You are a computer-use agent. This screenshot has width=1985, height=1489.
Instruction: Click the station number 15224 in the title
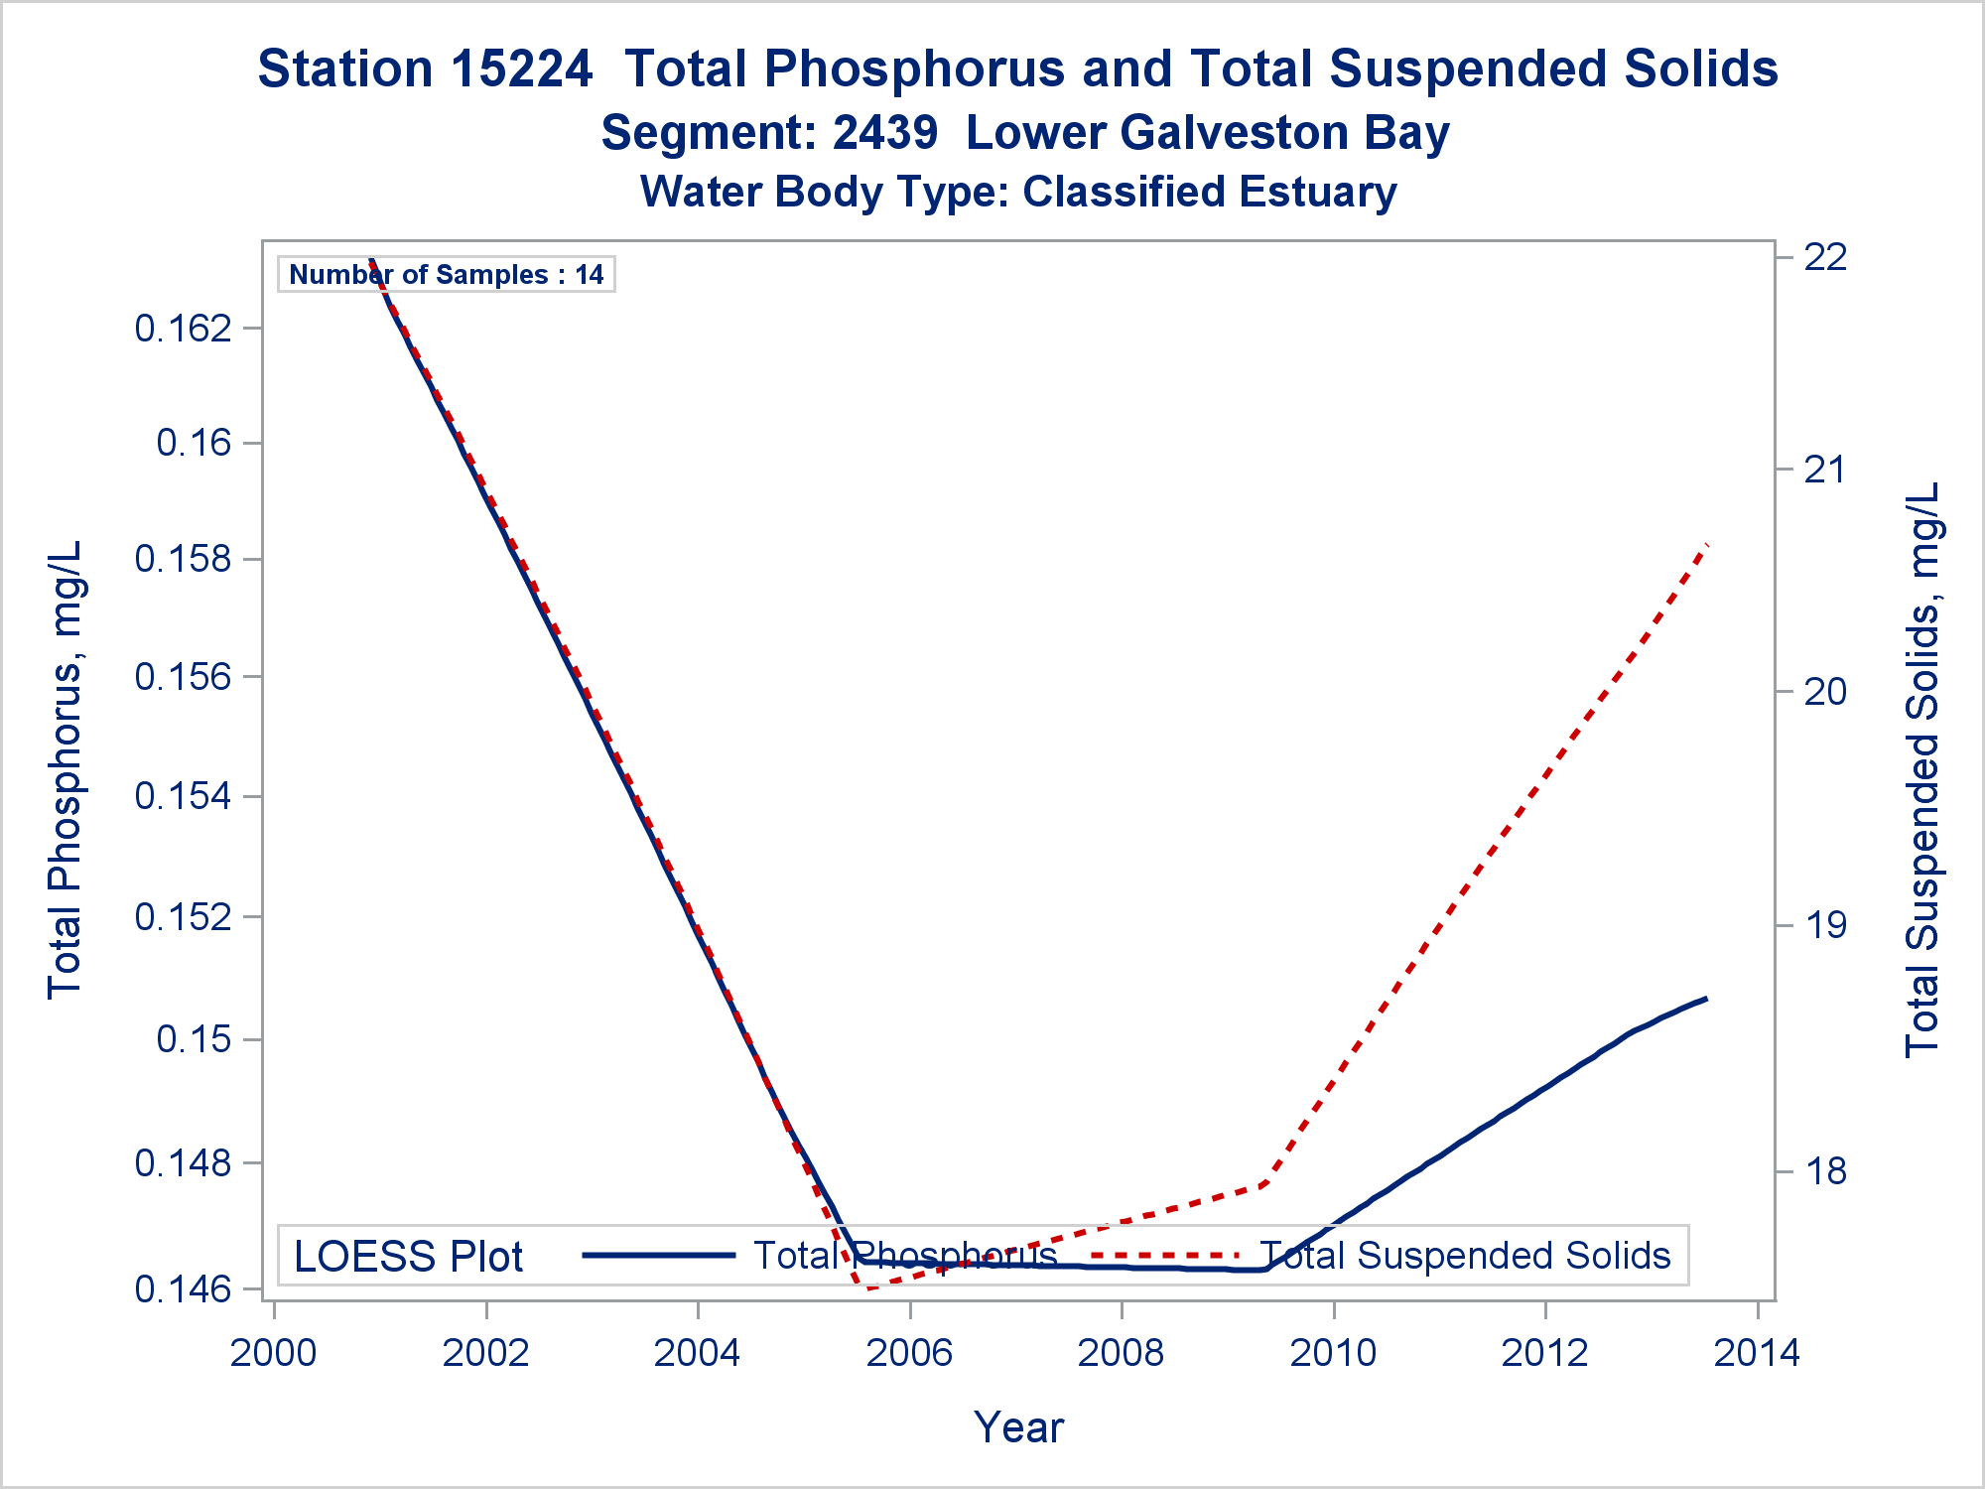[x=521, y=69]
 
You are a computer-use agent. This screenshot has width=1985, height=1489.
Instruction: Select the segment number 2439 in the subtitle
[x=884, y=133]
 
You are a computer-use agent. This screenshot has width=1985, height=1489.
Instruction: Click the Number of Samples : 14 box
[x=447, y=274]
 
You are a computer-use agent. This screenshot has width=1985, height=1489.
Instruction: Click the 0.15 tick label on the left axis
[x=195, y=1039]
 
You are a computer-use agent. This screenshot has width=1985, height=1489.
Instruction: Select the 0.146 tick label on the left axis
[x=184, y=1289]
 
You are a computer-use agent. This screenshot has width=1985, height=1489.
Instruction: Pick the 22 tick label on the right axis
[x=1825, y=257]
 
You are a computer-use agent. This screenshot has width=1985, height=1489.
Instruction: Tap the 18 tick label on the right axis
[x=1825, y=1171]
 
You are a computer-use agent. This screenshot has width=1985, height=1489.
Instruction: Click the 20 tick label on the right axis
[x=1825, y=692]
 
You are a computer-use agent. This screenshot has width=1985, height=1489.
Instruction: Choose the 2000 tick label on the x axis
[x=274, y=1352]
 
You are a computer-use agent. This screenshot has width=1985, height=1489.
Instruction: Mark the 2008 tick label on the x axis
[x=1122, y=1352]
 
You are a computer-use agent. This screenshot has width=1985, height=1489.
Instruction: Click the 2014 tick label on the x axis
[x=1757, y=1352]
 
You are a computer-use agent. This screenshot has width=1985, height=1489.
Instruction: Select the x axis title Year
[x=1019, y=1427]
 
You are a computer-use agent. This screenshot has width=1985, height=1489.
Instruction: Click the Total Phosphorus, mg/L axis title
[x=65, y=769]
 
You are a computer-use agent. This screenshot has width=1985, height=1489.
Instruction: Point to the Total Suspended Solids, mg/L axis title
[x=1922, y=769]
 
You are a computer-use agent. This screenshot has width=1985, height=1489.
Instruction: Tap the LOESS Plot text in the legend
[x=408, y=1257]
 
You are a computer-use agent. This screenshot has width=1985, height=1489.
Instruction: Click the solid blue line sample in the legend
[x=659, y=1256]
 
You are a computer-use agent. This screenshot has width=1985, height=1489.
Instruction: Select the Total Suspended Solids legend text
[x=1465, y=1256]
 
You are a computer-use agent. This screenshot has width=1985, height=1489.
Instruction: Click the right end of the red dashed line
[x=1706, y=545]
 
